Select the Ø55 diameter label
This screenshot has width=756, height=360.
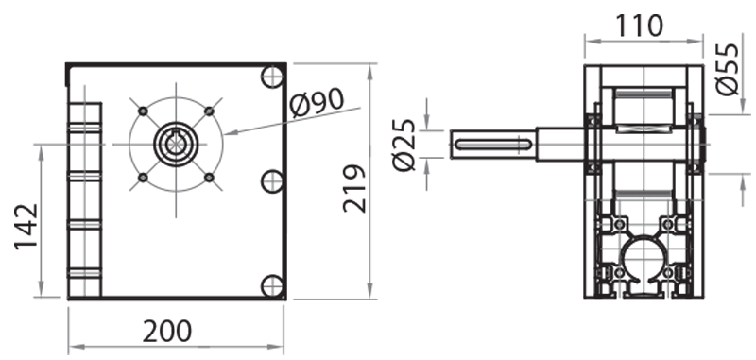coord(729,70)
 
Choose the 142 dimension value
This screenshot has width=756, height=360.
coord(26,227)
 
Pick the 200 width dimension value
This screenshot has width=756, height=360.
coord(167,331)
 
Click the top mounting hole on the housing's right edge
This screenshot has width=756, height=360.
coord(271,75)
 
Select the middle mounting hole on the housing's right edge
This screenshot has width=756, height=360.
coord(271,180)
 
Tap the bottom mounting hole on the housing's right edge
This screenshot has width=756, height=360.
coord(271,284)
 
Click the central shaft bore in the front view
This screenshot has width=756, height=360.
coord(176,145)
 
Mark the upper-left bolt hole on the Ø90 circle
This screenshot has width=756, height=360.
coord(143,111)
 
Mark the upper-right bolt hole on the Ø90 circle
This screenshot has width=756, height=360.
coord(209,111)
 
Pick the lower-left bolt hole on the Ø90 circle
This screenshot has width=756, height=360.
coord(143,178)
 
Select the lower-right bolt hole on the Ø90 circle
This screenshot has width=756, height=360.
coord(209,178)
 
